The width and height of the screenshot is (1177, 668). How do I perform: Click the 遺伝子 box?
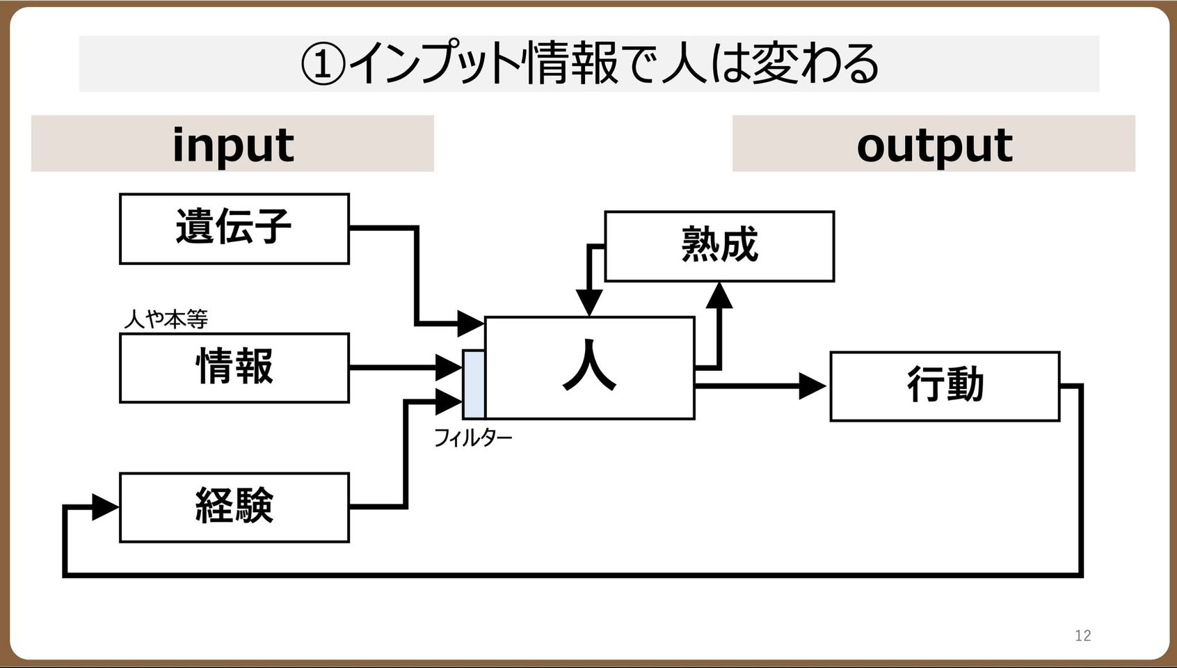tap(234, 229)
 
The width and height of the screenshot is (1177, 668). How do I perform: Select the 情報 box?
tap(234, 368)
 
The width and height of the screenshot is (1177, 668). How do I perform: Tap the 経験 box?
tap(234, 507)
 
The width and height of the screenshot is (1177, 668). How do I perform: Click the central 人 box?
tap(590, 368)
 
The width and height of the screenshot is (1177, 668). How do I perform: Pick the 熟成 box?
tap(719, 246)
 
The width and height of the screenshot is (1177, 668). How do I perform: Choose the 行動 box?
tap(945, 386)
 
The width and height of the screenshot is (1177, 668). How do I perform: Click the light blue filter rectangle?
tap(474, 384)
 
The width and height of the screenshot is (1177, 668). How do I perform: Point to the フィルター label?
tap(473, 438)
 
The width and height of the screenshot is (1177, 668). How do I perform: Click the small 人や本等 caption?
tap(166, 319)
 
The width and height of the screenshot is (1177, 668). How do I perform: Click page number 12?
tap(1083, 636)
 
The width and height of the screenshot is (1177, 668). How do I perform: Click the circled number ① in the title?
tap(323, 64)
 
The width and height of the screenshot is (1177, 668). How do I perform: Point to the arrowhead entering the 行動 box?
tap(812, 386)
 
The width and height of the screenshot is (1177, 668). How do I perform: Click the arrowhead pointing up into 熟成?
tap(719, 295)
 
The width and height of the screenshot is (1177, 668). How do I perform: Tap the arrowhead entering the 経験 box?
tap(105, 507)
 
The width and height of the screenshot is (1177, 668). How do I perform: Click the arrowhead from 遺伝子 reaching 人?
tap(471, 324)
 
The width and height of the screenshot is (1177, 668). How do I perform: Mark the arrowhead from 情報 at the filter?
tap(449, 367)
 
